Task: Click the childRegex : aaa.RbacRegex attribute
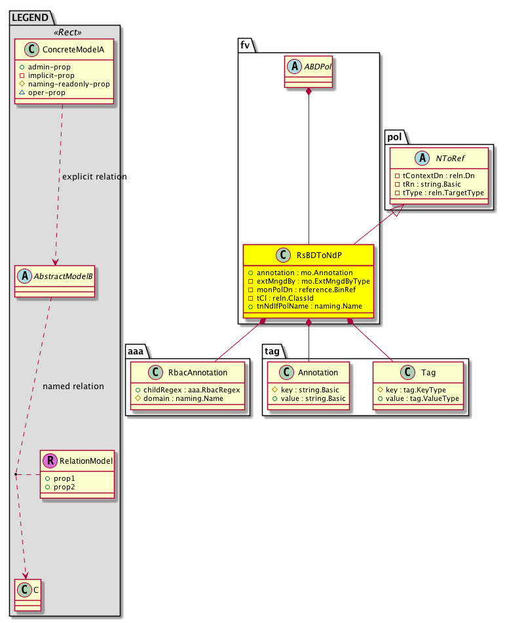tap(191, 390)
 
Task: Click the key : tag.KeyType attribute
tap(417, 390)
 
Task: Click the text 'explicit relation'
tap(94, 177)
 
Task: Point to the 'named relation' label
tap(73, 387)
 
